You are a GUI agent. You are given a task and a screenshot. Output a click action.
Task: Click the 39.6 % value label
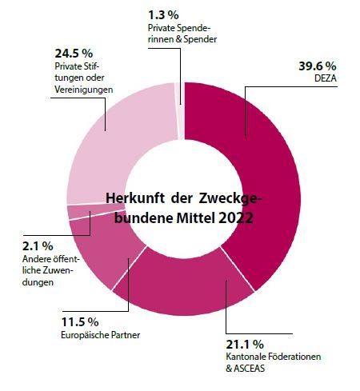click(318, 66)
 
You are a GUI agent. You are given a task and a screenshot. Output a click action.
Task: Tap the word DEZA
click(326, 78)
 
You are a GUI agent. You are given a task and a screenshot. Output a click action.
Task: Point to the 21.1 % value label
click(245, 345)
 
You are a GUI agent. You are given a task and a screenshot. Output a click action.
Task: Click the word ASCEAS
click(250, 369)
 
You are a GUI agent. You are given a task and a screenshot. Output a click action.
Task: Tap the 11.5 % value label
click(80, 322)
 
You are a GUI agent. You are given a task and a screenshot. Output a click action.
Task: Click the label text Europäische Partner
click(101, 335)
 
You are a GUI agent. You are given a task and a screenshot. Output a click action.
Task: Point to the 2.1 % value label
click(38, 246)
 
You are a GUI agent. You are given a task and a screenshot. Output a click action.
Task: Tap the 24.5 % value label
click(74, 54)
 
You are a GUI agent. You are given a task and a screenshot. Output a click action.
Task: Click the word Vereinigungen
click(84, 90)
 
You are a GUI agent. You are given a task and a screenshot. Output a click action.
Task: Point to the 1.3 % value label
click(163, 15)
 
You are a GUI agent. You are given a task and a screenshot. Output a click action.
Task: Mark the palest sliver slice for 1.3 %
click(181, 110)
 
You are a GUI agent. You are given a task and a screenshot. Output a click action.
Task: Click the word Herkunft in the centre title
click(135, 198)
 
